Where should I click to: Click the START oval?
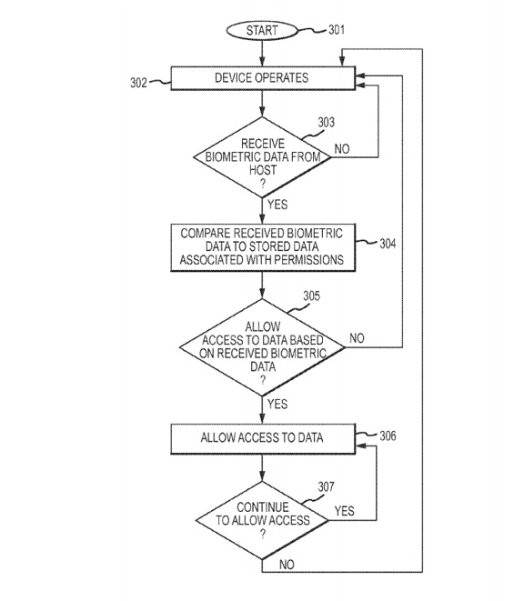(262, 30)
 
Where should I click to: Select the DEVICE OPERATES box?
(263, 78)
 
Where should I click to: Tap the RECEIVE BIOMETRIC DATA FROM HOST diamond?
(262, 157)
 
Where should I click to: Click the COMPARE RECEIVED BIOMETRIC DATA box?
(263, 247)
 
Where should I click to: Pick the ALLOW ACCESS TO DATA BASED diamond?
(262, 347)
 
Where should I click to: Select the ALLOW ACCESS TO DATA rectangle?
(263, 439)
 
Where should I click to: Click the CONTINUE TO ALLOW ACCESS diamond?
(262, 520)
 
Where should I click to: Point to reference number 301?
(337, 29)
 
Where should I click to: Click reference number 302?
(138, 83)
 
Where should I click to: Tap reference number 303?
(326, 122)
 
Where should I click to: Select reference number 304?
(388, 244)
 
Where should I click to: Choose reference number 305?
(311, 295)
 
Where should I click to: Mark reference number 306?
(388, 436)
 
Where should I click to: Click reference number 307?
(326, 486)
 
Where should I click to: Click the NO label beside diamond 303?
(342, 149)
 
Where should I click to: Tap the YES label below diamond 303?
(277, 205)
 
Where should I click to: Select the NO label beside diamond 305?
(357, 338)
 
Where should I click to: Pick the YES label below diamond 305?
(277, 404)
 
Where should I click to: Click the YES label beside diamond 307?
(344, 511)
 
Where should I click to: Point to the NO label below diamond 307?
(287, 565)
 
